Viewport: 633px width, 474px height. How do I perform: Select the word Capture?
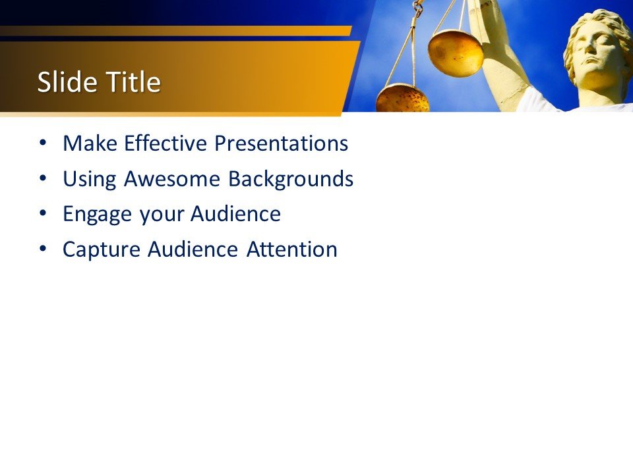tap(102, 250)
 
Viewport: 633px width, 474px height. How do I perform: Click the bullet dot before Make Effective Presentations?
tap(43, 142)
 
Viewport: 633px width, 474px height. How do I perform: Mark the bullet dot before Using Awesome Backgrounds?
tap(43, 178)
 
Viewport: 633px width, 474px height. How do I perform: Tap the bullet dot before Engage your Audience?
tap(43, 213)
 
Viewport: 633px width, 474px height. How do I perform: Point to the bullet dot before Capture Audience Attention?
tap(43, 249)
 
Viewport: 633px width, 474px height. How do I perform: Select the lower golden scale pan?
tap(402, 99)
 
